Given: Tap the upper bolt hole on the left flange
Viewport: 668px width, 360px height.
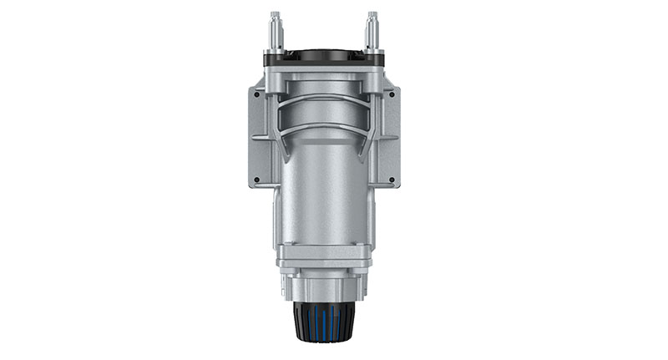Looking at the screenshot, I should pos(256,96).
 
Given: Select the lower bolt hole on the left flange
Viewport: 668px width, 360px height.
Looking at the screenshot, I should pos(256,179).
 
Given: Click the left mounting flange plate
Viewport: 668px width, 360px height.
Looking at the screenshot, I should pos(260,138).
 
